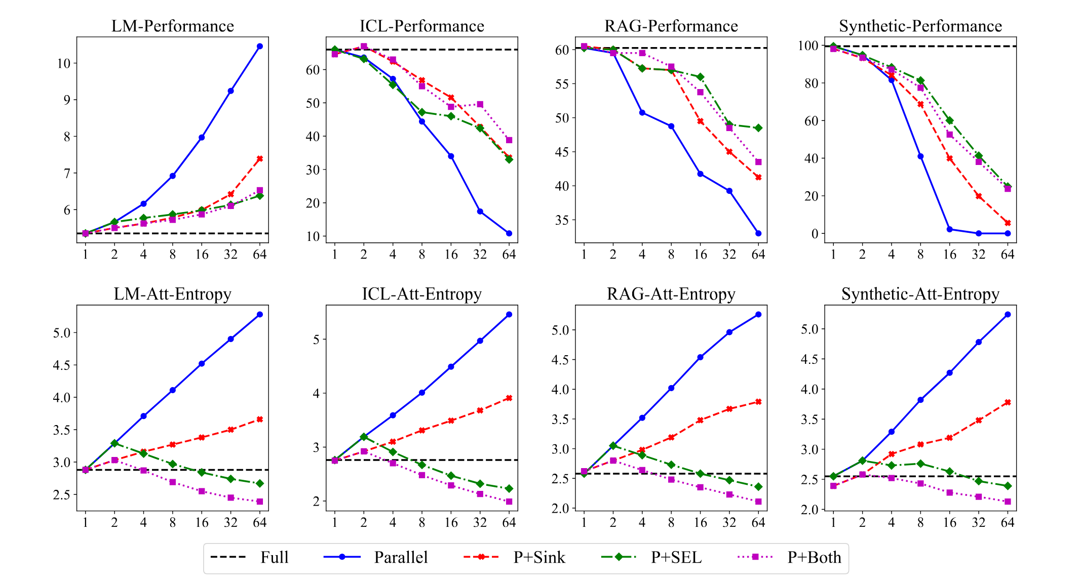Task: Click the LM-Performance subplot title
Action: [x=172, y=26]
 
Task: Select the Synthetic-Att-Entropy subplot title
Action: [x=920, y=294]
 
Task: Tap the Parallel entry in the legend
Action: [x=401, y=557]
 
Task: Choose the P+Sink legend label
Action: [x=539, y=557]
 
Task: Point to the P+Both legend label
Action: [x=814, y=557]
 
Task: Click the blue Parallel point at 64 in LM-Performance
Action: [x=260, y=46]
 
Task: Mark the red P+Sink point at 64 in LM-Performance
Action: [x=260, y=158]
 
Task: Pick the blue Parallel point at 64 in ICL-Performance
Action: [x=509, y=233]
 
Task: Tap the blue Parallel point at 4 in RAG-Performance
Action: [x=642, y=112]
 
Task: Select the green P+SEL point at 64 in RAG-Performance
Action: [x=758, y=128]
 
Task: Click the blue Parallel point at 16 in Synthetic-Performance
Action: [x=950, y=229]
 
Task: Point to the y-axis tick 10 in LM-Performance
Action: [x=64, y=63]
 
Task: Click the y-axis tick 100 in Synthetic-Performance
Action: [x=808, y=46]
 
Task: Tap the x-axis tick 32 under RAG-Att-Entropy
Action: [x=729, y=522]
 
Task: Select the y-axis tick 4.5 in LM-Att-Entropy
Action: [x=62, y=365]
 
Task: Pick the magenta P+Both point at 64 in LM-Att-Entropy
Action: [x=260, y=502]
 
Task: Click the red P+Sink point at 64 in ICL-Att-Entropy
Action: [x=509, y=398]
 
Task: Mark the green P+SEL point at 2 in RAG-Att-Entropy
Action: [x=613, y=445]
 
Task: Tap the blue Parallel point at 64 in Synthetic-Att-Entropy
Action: [x=1008, y=314]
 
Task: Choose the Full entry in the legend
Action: [x=274, y=557]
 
